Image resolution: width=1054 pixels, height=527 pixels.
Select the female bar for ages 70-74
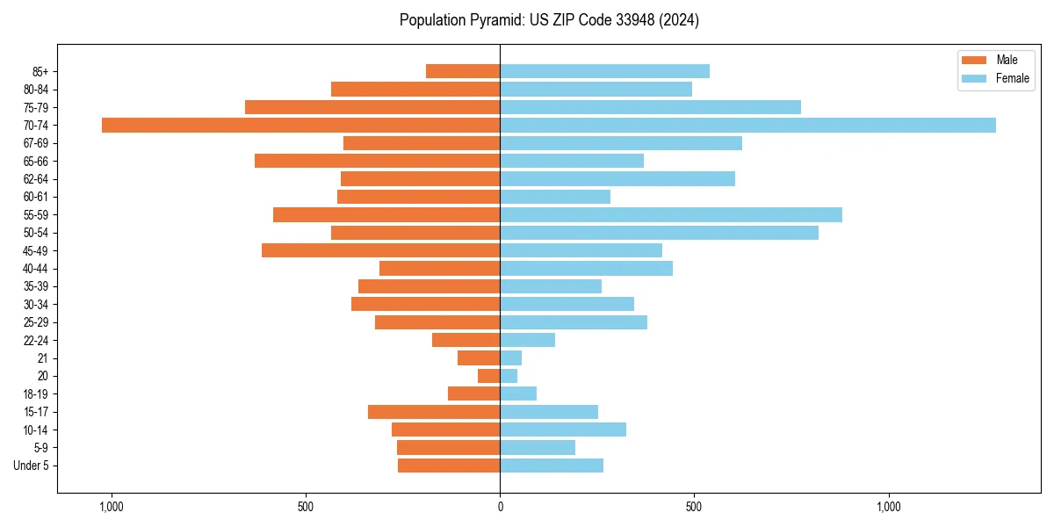pos(747,126)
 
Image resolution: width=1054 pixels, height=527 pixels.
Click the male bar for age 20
pos(488,376)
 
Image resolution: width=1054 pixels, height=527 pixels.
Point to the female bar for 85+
pos(604,71)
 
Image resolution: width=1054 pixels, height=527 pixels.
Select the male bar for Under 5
pos(449,466)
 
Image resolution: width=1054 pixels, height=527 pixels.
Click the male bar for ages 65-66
pos(377,161)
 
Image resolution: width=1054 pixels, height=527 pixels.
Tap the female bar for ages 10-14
pos(563,430)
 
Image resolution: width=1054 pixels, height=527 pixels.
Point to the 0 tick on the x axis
pos(500,507)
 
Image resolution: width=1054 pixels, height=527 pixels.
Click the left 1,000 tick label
pos(111,507)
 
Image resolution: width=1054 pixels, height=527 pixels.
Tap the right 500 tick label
pos(694,507)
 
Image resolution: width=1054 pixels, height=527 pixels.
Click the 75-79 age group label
pos(36,107)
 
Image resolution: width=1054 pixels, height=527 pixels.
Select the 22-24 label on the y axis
pos(36,341)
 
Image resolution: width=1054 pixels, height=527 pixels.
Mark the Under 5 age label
pos(32,466)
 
